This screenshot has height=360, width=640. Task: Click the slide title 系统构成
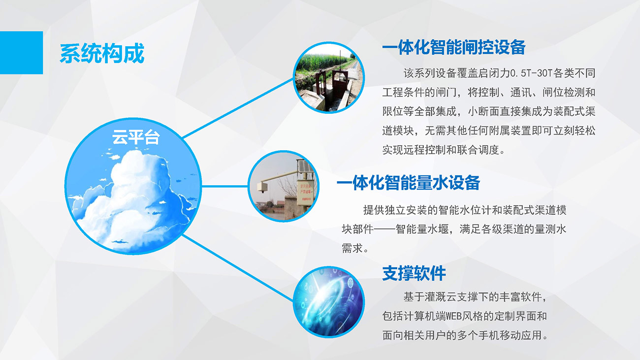click(x=102, y=53)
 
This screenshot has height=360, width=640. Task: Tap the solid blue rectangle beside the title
click(x=22, y=53)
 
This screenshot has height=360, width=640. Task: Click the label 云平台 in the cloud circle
click(x=136, y=137)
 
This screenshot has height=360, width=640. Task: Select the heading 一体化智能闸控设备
click(x=454, y=47)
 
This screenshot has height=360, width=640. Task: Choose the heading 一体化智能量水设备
click(x=408, y=183)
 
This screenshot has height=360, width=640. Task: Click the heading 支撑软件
click(x=414, y=273)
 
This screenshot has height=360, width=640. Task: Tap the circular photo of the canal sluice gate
click(x=329, y=77)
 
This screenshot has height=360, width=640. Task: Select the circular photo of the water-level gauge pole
click(x=284, y=186)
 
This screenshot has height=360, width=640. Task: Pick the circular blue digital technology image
click(x=329, y=302)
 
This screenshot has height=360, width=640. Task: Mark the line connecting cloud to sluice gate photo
click(x=238, y=109)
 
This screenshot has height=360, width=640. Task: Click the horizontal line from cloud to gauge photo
click(x=225, y=186)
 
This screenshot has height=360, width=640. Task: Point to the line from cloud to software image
click(x=238, y=267)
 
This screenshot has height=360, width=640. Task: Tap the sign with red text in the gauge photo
click(x=305, y=192)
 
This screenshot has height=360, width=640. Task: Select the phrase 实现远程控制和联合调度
click(x=440, y=150)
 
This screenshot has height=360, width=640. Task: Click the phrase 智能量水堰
click(x=422, y=229)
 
